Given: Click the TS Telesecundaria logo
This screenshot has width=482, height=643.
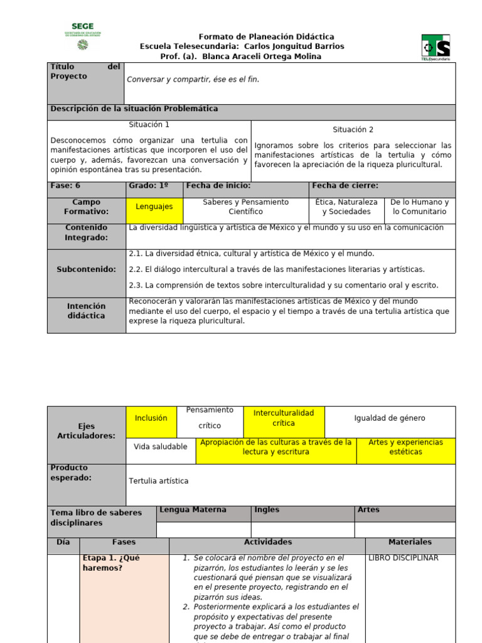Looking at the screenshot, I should [x=436, y=47].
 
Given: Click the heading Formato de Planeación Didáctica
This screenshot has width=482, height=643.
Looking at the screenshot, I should [x=266, y=37].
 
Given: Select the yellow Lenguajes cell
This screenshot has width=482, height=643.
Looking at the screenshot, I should [x=154, y=207].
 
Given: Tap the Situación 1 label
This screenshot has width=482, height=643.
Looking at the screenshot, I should [x=149, y=125].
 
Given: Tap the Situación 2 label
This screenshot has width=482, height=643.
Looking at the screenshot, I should [x=353, y=130].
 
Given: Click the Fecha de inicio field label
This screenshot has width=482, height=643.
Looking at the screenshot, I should [x=218, y=186].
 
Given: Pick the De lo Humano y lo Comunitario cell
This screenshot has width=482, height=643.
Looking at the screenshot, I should [x=419, y=207].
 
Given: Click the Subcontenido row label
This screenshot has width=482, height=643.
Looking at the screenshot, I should [x=87, y=269].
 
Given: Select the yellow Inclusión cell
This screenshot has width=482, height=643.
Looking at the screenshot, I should [x=151, y=418].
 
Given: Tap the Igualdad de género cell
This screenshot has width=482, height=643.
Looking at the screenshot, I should [x=389, y=418].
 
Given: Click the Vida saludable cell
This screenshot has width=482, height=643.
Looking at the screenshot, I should [x=161, y=447].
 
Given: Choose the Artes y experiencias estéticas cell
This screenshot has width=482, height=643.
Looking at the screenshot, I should [x=405, y=447].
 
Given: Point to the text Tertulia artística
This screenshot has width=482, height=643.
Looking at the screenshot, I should [x=158, y=482].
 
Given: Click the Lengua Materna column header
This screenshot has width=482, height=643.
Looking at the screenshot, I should [x=193, y=510].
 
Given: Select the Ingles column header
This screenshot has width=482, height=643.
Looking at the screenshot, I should [x=267, y=510].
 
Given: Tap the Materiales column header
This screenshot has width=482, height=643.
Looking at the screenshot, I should [x=410, y=542].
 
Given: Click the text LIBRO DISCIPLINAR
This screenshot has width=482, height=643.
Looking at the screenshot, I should [x=403, y=558].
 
